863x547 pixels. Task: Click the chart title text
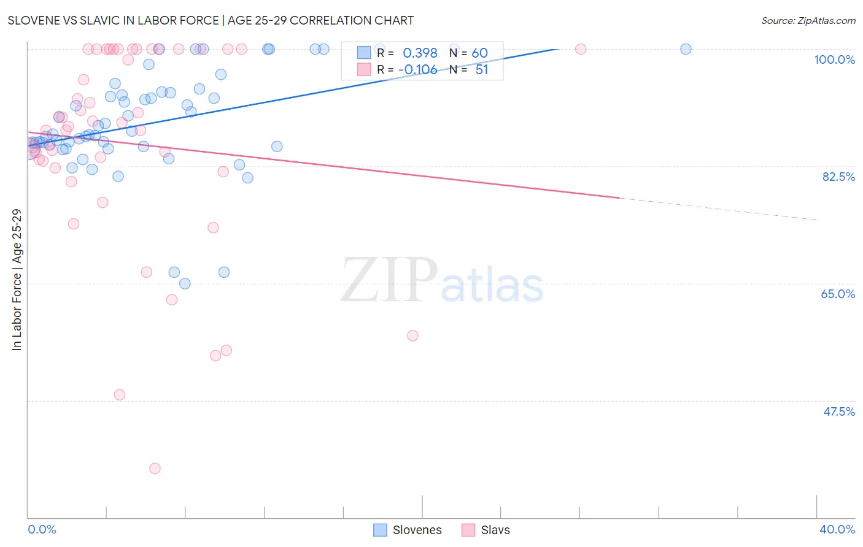(x=211, y=20)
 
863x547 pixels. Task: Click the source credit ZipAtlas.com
(x=808, y=20)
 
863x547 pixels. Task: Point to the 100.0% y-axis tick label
(x=834, y=59)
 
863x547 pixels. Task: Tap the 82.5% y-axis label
(x=838, y=177)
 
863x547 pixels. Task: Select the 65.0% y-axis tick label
(x=838, y=294)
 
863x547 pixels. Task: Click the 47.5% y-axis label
(x=838, y=411)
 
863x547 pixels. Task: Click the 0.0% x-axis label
(x=42, y=529)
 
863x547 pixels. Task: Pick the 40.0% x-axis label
(x=837, y=529)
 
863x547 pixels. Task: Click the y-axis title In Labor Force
(x=17, y=280)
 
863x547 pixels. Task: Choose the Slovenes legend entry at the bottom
(x=408, y=530)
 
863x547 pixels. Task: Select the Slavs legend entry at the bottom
(x=486, y=530)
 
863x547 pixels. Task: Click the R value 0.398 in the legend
(x=420, y=53)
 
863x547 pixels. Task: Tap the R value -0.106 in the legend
(x=417, y=69)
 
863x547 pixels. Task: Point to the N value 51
(x=482, y=69)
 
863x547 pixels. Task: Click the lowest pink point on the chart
(x=155, y=469)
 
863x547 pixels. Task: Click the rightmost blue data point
(x=686, y=49)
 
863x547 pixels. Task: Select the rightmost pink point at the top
(x=580, y=49)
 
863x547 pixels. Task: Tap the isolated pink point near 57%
(x=412, y=335)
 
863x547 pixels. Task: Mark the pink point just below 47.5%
(x=120, y=395)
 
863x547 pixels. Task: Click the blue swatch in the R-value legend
(x=364, y=53)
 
